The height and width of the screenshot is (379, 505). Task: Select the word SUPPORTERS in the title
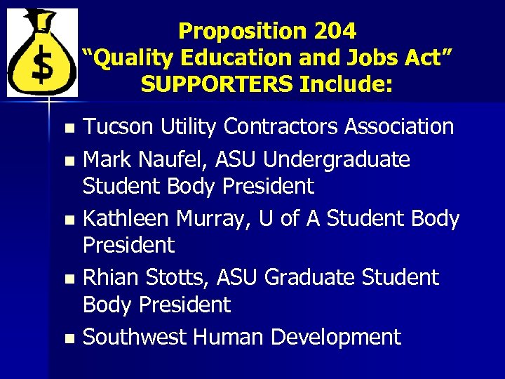click(x=217, y=84)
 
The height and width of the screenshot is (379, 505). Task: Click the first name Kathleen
click(x=126, y=219)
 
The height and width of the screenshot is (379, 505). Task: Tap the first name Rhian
click(x=109, y=278)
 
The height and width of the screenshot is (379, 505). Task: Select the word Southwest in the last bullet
click(x=135, y=337)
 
